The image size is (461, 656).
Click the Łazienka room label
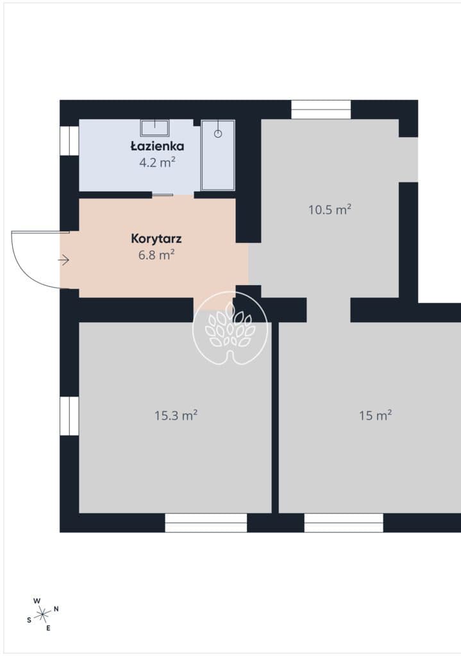point(157,146)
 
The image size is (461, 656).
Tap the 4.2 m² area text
point(157,162)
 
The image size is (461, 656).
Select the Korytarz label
point(156,238)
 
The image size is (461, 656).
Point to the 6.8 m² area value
point(156,255)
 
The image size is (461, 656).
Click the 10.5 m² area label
point(330,209)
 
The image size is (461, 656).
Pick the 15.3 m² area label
point(176,415)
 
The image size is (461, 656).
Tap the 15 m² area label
point(375,415)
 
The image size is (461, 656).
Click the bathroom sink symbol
point(155,127)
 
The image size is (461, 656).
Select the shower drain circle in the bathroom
point(218,133)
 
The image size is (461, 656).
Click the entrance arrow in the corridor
point(63,260)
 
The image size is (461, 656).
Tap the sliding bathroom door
point(162,195)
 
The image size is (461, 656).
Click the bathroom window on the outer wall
point(69,140)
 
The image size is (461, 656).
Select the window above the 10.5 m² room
point(321,110)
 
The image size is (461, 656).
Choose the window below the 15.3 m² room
point(206,523)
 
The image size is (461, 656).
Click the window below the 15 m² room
point(343,523)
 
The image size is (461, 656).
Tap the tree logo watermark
point(230,328)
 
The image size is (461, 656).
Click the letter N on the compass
point(56,609)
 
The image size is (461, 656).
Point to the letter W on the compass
point(37,601)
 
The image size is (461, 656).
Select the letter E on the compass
point(48,628)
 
